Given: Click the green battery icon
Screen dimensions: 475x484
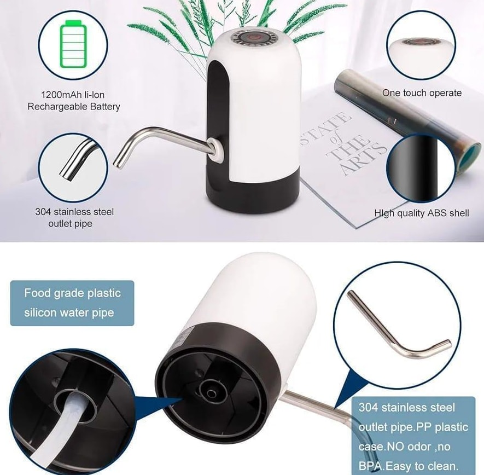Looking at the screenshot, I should coord(73,44).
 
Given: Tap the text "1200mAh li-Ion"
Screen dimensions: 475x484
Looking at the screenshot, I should coord(74,95).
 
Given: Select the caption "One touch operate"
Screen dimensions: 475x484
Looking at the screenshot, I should coord(422,93).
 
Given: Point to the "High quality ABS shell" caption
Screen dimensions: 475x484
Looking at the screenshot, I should coord(422,213).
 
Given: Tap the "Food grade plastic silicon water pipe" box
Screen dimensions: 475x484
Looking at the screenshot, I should coord(72,303).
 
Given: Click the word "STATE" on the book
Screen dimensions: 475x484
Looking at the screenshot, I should coord(325,129).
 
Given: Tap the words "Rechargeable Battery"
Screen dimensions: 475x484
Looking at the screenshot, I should coord(74,107).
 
